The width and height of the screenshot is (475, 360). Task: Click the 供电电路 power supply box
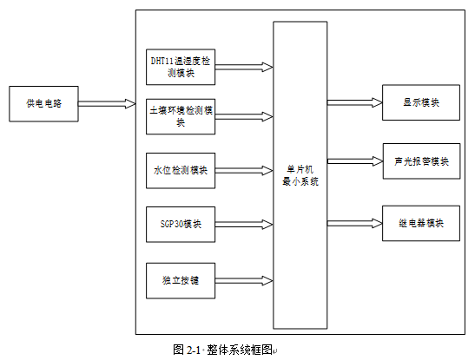coord(43,104)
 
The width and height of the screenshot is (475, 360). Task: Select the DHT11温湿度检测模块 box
coord(181,67)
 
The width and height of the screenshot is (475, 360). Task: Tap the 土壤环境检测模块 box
coord(181,116)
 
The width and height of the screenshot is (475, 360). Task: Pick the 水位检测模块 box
coord(181,171)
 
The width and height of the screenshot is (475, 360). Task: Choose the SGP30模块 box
coord(181,225)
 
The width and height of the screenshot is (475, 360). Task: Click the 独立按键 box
coord(181,281)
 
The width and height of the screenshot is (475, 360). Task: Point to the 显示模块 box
coord(421,102)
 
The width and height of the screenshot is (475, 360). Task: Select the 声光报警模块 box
coord(422,161)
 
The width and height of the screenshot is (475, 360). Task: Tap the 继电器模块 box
coord(421,223)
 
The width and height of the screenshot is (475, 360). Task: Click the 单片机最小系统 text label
coord(300,175)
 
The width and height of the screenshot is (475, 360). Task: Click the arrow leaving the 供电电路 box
coord(107,104)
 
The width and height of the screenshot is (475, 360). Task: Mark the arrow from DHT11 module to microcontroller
coord(244,67)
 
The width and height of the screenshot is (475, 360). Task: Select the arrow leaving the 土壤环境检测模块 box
coord(244,117)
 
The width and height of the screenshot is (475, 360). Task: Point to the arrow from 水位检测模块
coord(244,171)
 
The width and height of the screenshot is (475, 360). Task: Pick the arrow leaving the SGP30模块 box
coord(244,225)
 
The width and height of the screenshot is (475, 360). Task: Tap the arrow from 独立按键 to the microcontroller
coord(244,281)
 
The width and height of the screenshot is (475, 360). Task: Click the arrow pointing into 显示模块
coord(355,103)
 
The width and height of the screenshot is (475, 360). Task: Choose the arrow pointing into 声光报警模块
coord(355,161)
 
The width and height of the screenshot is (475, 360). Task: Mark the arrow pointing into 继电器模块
coord(355,224)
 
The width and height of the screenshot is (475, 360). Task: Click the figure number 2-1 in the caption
coord(194,350)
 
